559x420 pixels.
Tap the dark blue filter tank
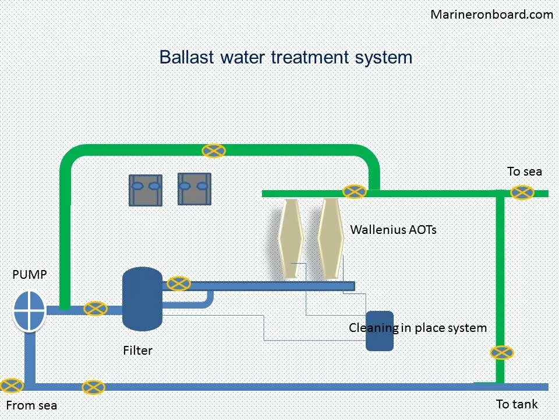point(143,299)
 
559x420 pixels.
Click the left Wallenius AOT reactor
point(289,238)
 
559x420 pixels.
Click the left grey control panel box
point(145,190)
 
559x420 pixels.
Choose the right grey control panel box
point(194,189)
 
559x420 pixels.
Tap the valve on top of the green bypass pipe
point(214,150)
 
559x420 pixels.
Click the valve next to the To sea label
point(522,192)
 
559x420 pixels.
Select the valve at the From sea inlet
point(12,386)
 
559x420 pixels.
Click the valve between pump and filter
point(95,309)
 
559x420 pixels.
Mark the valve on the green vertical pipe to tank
point(501,352)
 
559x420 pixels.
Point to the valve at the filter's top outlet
point(179,283)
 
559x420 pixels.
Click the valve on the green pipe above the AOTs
point(354,191)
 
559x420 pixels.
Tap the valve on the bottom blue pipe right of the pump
point(93,387)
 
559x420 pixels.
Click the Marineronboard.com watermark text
point(491,15)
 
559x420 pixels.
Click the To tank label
point(516,404)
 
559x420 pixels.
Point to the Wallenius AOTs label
point(393,230)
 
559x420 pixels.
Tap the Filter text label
point(137,351)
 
